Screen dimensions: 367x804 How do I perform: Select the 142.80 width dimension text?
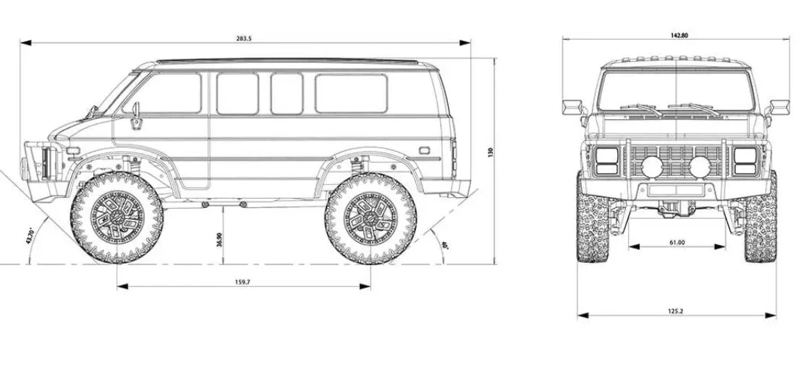click(680, 35)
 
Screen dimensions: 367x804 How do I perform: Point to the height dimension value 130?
click(490, 152)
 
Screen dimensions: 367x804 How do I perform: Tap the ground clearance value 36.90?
click(219, 239)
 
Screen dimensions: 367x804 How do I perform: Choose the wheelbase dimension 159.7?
click(243, 282)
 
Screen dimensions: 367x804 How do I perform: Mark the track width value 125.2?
click(676, 311)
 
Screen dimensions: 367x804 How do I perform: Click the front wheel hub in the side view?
click(117, 217)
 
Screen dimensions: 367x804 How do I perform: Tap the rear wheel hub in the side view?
click(371, 217)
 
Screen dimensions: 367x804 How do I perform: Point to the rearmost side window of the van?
click(351, 93)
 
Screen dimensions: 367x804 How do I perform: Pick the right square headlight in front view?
click(745, 161)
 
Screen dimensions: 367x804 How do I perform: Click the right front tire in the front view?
click(761, 217)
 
